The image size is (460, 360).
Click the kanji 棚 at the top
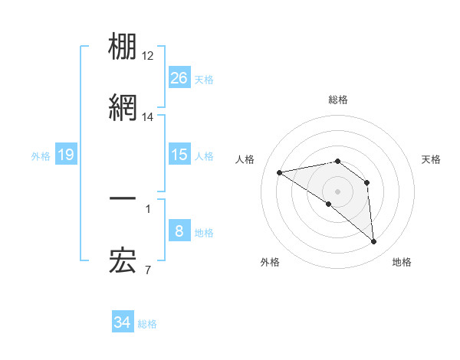click(x=123, y=47)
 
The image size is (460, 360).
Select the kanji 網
click(x=123, y=108)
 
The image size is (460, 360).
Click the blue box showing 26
click(x=179, y=77)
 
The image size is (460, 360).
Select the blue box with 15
click(x=179, y=155)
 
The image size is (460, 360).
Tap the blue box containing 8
click(x=179, y=231)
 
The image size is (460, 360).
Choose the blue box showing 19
click(x=66, y=155)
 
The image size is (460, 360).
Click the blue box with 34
click(x=123, y=322)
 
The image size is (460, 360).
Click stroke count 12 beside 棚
click(x=148, y=57)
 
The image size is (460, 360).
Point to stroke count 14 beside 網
click(x=148, y=117)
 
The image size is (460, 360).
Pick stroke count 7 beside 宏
click(x=147, y=270)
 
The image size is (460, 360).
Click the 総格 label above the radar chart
click(x=338, y=100)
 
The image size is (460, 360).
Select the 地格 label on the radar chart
click(x=402, y=262)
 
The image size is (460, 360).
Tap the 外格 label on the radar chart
click(x=270, y=262)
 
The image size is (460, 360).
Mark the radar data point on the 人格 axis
click(x=280, y=172)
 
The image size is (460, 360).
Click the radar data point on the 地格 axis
click(x=374, y=242)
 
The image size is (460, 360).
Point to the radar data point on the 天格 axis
click(x=367, y=182)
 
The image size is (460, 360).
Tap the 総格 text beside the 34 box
click(x=147, y=324)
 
